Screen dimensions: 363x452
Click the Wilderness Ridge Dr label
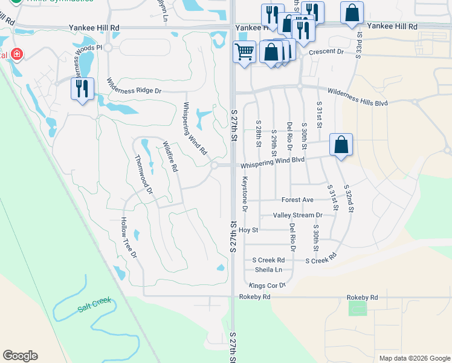[134, 86]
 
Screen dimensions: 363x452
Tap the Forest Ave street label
[297, 200]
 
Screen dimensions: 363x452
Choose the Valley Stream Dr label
[297, 215]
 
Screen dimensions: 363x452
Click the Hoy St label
[248, 230]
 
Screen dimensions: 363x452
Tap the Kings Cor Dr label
[266, 284]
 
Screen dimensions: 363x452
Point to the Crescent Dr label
[326, 52]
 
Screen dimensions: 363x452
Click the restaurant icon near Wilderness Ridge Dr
[82, 88]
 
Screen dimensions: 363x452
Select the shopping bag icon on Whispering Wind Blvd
[341, 145]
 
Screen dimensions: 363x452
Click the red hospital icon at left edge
[16, 54]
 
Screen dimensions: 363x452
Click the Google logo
[20, 356]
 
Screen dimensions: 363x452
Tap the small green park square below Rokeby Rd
[358, 308]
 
